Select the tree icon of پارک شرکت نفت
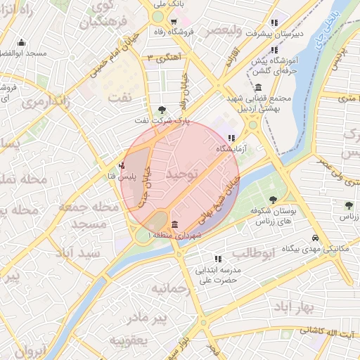163,109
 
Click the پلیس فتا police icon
123,166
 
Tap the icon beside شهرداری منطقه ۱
174,224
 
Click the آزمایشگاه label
231,149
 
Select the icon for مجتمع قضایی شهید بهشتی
259,88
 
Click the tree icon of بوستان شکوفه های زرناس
274,200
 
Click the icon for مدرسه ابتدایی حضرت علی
218,259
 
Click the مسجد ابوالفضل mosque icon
21,43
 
